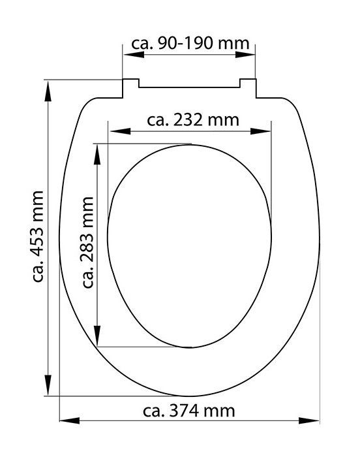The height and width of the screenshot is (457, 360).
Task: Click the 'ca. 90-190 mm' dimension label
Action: [190, 44]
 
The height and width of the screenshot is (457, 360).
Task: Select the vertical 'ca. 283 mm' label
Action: [86, 242]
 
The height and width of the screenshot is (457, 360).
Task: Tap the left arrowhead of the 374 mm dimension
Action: [66, 419]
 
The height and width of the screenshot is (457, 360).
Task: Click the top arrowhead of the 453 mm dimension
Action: [48, 87]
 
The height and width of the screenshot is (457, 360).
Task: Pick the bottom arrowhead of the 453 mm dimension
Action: [48, 388]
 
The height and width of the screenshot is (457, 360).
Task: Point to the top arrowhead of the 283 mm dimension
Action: [98, 150]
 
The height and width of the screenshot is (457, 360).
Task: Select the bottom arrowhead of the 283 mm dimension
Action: [98, 340]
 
